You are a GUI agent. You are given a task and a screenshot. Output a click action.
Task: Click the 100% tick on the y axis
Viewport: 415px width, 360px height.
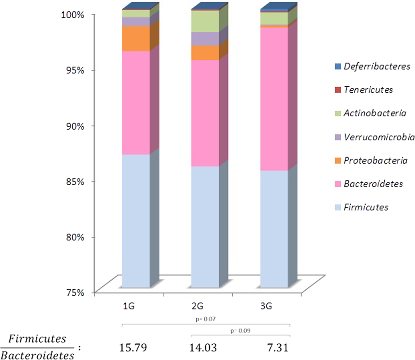click(x=76, y=15)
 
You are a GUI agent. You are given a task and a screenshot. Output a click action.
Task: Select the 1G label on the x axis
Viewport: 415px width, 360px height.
click(x=128, y=306)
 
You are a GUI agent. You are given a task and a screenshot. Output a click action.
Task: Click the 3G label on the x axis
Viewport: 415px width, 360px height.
click(x=266, y=306)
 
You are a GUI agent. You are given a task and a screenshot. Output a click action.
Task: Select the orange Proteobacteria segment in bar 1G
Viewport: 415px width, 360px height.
click(x=136, y=38)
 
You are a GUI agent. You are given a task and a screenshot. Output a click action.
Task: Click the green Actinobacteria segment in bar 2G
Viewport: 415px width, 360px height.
click(x=205, y=21)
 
